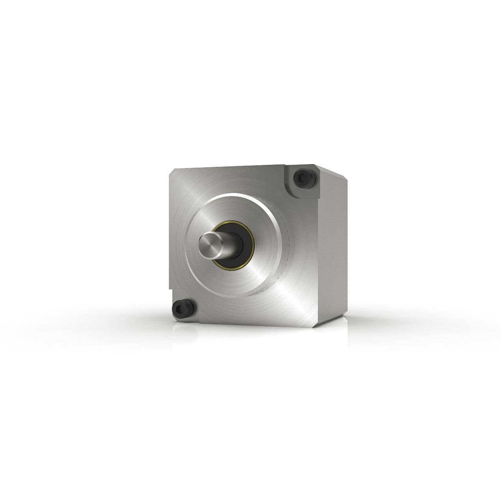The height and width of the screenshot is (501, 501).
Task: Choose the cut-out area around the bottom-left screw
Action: (185, 312)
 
